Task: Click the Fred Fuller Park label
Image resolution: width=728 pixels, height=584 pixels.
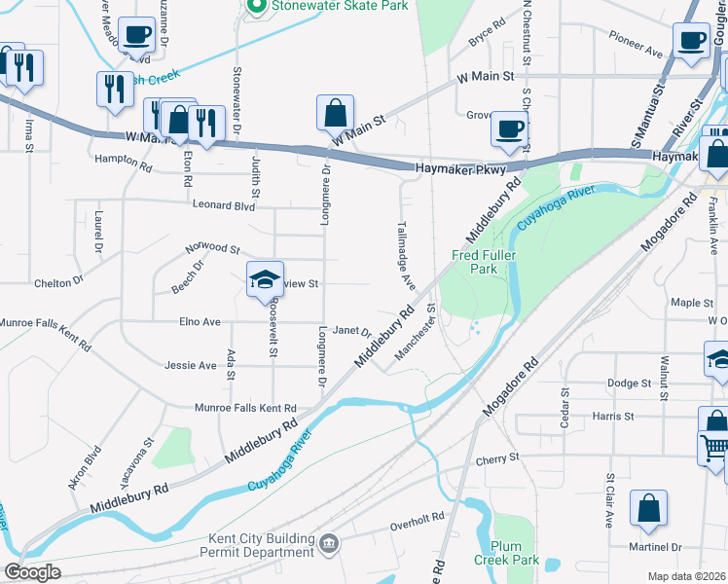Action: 483,263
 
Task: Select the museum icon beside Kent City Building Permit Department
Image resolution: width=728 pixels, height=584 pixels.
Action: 329,541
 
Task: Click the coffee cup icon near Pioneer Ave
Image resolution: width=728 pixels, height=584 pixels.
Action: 691,41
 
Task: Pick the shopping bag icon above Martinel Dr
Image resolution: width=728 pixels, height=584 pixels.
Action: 648,508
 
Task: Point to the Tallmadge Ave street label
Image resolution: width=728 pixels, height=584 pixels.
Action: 406,256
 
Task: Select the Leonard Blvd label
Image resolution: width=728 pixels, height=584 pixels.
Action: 223,205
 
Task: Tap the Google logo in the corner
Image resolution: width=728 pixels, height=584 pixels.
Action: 33,572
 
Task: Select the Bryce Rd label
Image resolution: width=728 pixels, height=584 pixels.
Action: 488,34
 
